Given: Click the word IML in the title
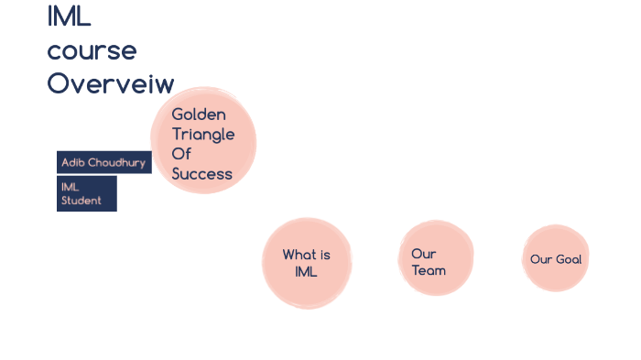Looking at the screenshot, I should pyautogui.click(x=69, y=16).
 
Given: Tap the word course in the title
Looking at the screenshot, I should pyautogui.click(x=92, y=50).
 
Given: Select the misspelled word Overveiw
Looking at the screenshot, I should pyautogui.click(x=110, y=83).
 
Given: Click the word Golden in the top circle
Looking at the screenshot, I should pyautogui.click(x=198, y=115).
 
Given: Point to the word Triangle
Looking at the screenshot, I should pyautogui.click(x=202, y=135).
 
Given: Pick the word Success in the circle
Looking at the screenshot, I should pyautogui.click(x=201, y=174).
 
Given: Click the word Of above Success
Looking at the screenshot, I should pyautogui.click(x=180, y=154).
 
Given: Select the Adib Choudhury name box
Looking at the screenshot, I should pyautogui.click(x=103, y=162).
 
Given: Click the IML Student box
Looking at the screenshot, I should pyautogui.click(x=86, y=193).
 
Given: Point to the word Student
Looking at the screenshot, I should pyautogui.click(x=81, y=200).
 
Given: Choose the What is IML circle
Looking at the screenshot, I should pyautogui.click(x=307, y=263).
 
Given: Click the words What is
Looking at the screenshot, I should pyautogui.click(x=306, y=255).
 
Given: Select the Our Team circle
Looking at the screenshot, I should pyautogui.click(x=436, y=258).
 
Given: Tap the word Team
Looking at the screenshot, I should pyautogui.click(x=429, y=270).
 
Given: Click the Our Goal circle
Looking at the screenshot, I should pyautogui.click(x=556, y=258).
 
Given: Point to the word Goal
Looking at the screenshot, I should pyautogui.click(x=568, y=259).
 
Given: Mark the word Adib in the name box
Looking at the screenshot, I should pyautogui.click(x=72, y=162).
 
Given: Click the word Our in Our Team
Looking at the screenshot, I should pyautogui.click(x=423, y=254).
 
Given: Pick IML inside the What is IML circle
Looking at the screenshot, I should pyautogui.click(x=306, y=271).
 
